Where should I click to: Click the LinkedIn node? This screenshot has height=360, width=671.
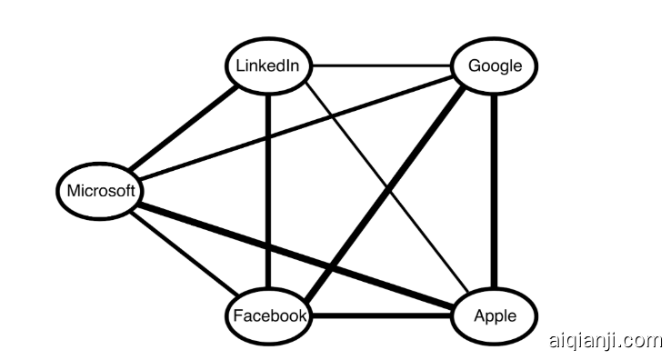(x=268, y=66)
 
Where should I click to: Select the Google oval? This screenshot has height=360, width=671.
(x=494, y=66)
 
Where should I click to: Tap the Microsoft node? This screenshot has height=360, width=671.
(x=101, y=191)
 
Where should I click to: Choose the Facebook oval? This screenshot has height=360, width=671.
(x=268, y=315)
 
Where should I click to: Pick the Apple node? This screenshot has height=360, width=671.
(x=495, y=315)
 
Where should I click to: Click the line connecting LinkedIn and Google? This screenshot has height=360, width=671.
(x=382, y=66)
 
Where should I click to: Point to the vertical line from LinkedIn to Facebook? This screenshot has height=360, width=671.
(x=268, y=191)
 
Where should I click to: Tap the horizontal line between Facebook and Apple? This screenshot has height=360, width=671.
(x=382, y=316)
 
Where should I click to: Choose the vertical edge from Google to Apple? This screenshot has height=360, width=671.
(x=494, y=191)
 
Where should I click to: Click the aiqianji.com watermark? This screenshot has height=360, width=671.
(x=606, y=340)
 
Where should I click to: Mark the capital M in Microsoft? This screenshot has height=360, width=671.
(x=74, y=191)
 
